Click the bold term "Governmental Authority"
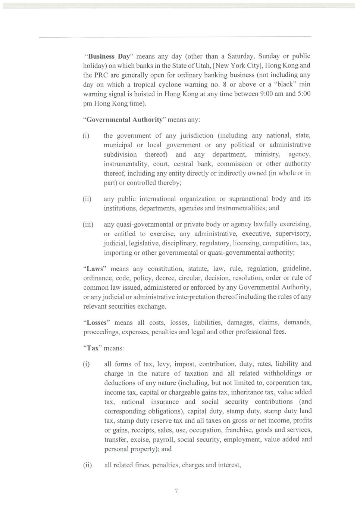[125, 120]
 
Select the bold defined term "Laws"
[95, 269]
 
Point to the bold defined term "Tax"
[93, 348]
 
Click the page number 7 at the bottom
[176, 491]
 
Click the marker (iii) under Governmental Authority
[88, 224]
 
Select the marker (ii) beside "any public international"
[87, 199]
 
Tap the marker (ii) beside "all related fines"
[87, 465]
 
